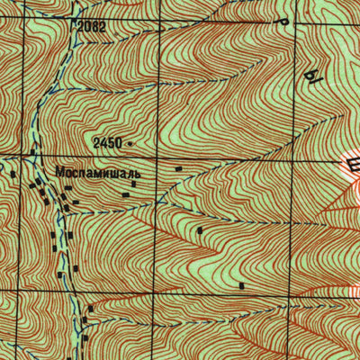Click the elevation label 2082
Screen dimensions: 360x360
pyautogui.click(x=92, y=27)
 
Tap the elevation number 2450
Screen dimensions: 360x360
pyautogui.click(x=106, y=143)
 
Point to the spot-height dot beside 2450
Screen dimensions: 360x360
pyautogui.click(x=130, y=142)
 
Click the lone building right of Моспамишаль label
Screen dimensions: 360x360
pyautogui.click(x=177, y=168)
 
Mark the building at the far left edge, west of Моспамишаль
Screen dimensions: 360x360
pyautogui.click(x=13, y=173)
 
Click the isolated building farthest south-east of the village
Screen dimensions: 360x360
pyautogui.click(x=242, y=284)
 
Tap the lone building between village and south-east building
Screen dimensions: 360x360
pyautogui.click(x=200, y=230)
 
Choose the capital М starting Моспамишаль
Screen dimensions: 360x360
pyautogui.click(x=59, y=170)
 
